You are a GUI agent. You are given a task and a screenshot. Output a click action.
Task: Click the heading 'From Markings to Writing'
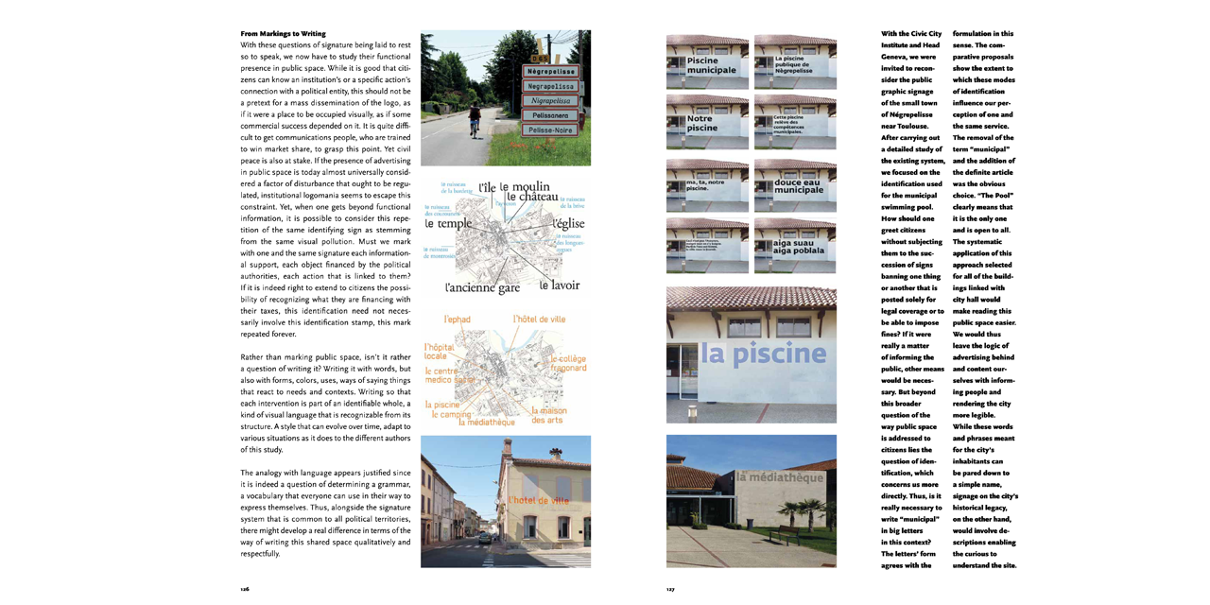(283, 34)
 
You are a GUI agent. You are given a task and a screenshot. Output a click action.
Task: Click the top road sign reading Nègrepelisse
(551, 71)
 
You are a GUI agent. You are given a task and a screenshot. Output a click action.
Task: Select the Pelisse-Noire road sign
(549, 130)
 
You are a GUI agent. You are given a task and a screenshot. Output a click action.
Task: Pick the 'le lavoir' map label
(560, 285)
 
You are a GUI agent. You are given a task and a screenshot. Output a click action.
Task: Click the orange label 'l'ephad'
(458, 320)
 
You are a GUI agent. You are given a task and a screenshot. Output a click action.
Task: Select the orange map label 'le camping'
(451, 414)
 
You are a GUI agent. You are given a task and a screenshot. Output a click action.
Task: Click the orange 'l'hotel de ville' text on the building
(539, 500)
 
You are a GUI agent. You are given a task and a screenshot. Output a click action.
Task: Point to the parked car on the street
(485, 536)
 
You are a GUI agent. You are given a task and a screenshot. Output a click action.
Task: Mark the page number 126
(245, 588)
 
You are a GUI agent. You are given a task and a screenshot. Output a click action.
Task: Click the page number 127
(670, 588)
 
